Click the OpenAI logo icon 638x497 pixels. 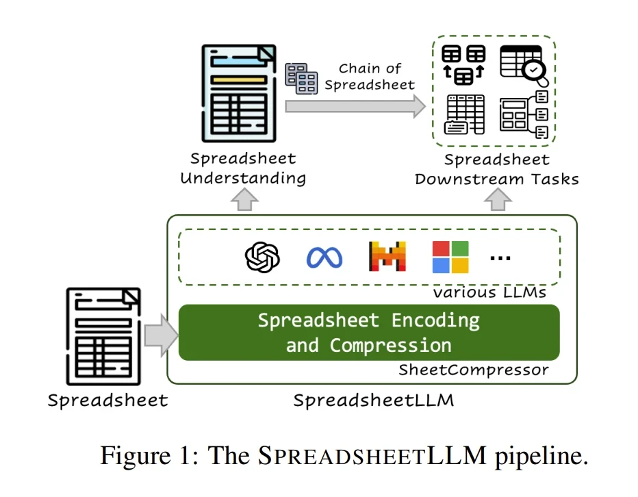263,257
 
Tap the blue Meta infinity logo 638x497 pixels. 324,257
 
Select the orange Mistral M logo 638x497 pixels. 387,257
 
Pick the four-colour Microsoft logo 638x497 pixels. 450,257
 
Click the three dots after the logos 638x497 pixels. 500,258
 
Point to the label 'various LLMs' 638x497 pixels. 489,292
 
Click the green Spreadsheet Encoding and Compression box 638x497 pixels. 368,332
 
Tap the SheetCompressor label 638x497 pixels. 474,370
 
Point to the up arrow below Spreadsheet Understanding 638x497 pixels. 244,199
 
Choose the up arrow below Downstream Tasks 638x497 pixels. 498,199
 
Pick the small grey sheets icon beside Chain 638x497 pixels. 301,77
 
